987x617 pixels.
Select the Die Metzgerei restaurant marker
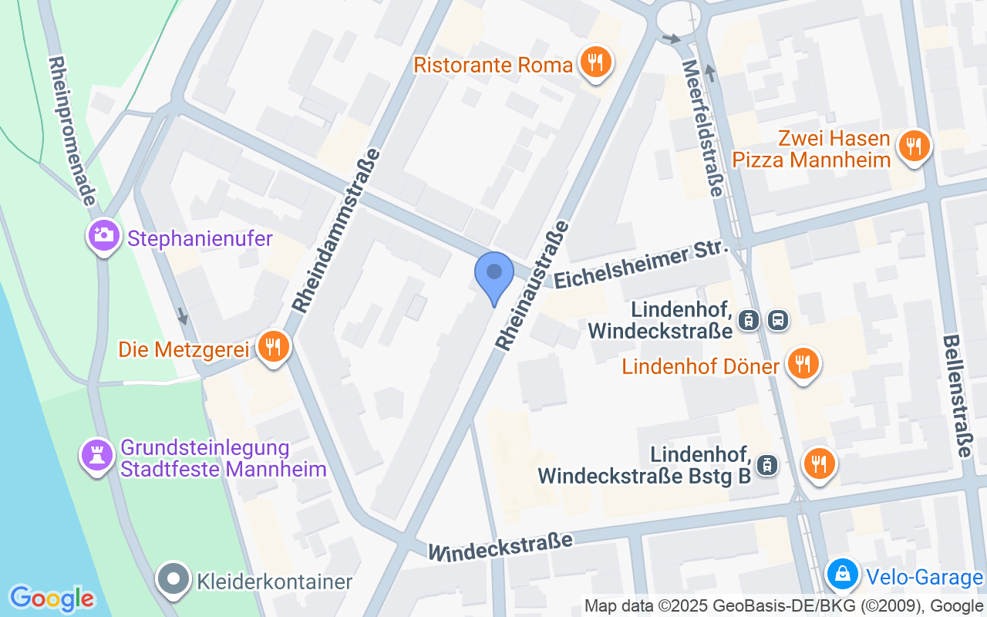pos(272,346)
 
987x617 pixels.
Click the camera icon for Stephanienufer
pos(103,234)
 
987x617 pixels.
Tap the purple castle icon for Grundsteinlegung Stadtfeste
pos(97,455)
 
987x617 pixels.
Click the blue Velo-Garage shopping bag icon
pos(844,574)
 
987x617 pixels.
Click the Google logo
pos(52,598)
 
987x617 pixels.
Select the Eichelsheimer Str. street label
pos(641,263)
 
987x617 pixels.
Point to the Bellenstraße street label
pos(956,396)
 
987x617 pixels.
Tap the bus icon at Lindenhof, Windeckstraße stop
pos(779,320)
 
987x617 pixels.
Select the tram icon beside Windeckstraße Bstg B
pos(767,465)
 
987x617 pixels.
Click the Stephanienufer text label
pos(200,238)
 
